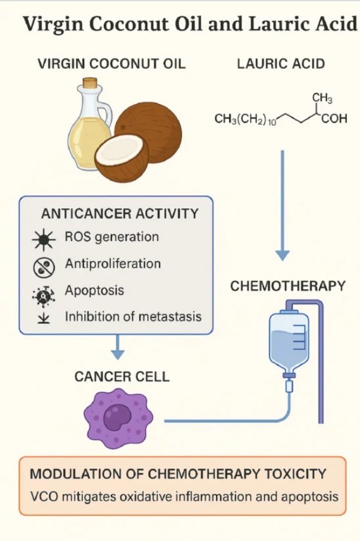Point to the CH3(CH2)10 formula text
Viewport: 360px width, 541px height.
(x=244, y=119)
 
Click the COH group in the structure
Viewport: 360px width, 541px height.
(x=334, y=119)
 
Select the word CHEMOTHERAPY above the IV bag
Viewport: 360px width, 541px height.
(x=288, y=285)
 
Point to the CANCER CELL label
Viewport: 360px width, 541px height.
(x=122, y=377)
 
